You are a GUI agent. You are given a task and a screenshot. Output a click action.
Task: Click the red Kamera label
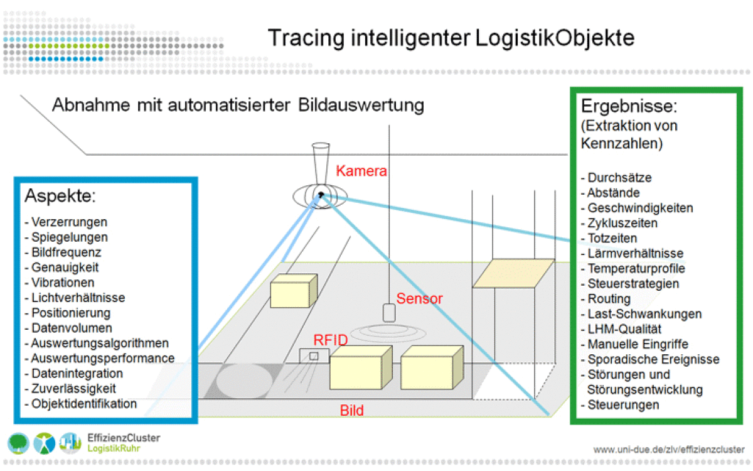click(361, 170)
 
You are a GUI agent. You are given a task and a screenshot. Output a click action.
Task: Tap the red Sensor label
click(419, 298)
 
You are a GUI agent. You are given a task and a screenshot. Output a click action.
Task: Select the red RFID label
click(331, 340)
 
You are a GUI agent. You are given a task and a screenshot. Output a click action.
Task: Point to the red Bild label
click(352, 411)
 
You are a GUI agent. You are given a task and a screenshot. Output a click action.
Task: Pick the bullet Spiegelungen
click(69, 237)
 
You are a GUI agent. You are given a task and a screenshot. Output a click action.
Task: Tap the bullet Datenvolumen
click(72, 328)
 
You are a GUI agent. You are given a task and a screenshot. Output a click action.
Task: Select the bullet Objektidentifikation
click(84, 403)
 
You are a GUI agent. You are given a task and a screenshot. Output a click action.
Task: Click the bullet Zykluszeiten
click(622, 223)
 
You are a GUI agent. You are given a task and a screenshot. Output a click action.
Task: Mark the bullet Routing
click(609, 298)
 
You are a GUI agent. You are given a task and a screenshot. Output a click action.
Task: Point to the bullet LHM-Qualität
click(624, 328)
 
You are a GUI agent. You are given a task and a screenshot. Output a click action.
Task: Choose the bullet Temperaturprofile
click(636, 268)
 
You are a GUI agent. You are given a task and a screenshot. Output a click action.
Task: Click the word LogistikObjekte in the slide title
click(555, 38)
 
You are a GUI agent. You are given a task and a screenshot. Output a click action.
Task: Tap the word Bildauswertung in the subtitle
click(357, 105)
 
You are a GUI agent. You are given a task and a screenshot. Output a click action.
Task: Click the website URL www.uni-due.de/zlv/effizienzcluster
click(668, 450)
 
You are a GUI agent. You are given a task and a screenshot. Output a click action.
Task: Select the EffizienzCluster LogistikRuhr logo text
click(124, 443)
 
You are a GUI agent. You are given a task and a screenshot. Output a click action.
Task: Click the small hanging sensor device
click(388, 313)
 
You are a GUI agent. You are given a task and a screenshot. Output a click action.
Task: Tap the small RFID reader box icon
click(313, 356)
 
